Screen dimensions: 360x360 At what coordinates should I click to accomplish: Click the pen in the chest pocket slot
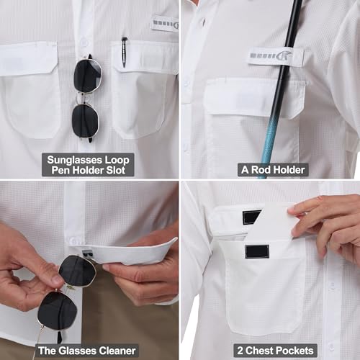tap(124, 52)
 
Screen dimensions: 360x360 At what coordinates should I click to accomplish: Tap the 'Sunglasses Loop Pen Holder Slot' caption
tap(88, 165)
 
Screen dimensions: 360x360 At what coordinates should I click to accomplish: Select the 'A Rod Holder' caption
tap(273, 170)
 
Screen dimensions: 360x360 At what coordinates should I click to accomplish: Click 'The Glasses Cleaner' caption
tap(87, 351)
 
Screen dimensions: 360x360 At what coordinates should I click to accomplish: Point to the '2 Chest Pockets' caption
tap(275, 351)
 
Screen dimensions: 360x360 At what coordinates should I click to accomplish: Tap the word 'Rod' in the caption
tap(261, 170)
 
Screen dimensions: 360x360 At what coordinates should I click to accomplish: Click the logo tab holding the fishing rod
tap(276, 56)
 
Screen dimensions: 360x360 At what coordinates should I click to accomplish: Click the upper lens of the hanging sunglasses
tap(87, 76)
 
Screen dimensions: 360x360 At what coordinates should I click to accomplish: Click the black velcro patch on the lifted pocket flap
tap(251, 217)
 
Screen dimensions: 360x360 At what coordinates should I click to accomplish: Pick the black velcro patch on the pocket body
tap(257, 251)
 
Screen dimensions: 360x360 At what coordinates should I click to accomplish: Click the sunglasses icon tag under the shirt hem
tap(86, 253)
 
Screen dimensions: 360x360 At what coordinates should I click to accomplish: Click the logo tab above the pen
tap(166, 24)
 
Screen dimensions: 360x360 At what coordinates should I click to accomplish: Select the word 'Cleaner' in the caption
tap(117, 351)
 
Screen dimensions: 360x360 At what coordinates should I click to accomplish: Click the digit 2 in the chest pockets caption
tap(240, 351)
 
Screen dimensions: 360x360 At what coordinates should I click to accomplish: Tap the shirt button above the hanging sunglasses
tap(84, 42)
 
